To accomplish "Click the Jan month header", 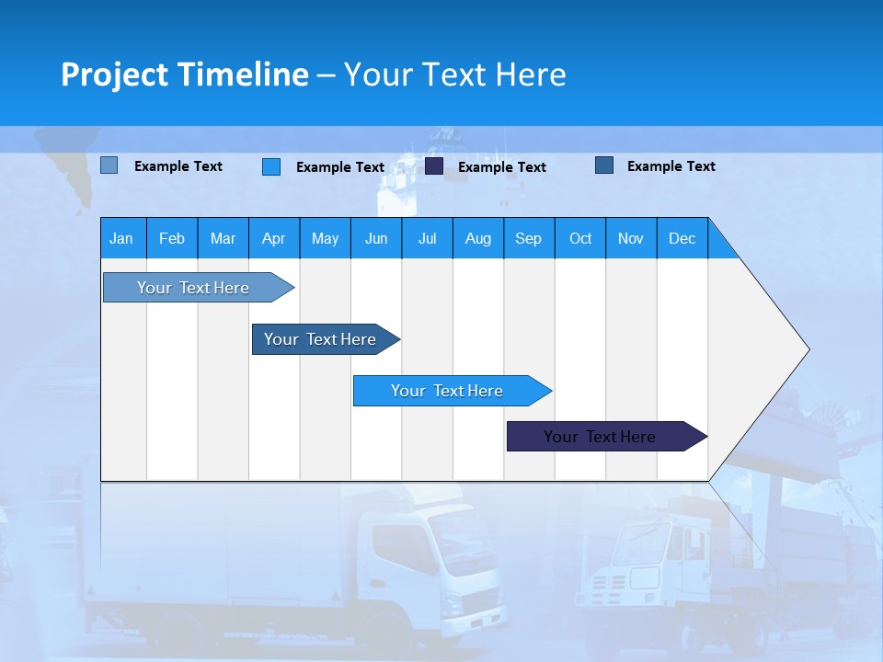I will (121, 238).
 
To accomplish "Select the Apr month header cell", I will (273, 238).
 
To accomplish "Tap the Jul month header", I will (427, 238).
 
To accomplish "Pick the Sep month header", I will (528, 238).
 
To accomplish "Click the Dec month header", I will (682, 238).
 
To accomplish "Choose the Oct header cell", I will (580, 238).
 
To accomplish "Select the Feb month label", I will (172, 238).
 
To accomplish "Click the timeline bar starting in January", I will (193, 288).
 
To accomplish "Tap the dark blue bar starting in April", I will (320, 339).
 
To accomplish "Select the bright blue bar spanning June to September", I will (447, 391).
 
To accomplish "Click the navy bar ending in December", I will (600, 437).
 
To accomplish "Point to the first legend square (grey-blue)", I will (109, 165).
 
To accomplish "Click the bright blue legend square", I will (270, 166).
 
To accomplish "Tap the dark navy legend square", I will (434, 166).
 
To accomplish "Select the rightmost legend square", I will (604, 165).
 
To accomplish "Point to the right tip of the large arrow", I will (807, 349).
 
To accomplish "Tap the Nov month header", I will (631, 238).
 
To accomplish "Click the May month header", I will (325, 238).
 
